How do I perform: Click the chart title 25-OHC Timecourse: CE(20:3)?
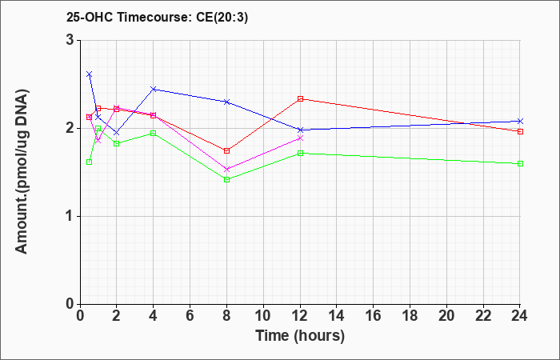(157, 18)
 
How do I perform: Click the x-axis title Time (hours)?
(300, 336)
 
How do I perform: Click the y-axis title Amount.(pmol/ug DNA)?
(22, 172)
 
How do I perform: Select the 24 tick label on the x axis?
(519, 315)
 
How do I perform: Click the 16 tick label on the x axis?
(373, 315)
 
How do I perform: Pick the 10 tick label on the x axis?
(263, 315)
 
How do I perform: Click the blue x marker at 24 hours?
(520, 121)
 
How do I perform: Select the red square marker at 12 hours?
(300, 99)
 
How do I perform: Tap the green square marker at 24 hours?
(520, 163)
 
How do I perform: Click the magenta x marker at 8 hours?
(226, 170)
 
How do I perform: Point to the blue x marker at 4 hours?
(154, 89)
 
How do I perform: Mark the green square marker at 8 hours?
(226, 180)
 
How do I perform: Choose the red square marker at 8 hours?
(226, 150)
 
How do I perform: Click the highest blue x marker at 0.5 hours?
(90, 74)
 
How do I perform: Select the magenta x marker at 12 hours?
(300, 138)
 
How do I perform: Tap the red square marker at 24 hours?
(520, 132)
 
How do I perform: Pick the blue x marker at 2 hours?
(117, 133)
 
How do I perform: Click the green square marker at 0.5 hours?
(90, 162)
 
